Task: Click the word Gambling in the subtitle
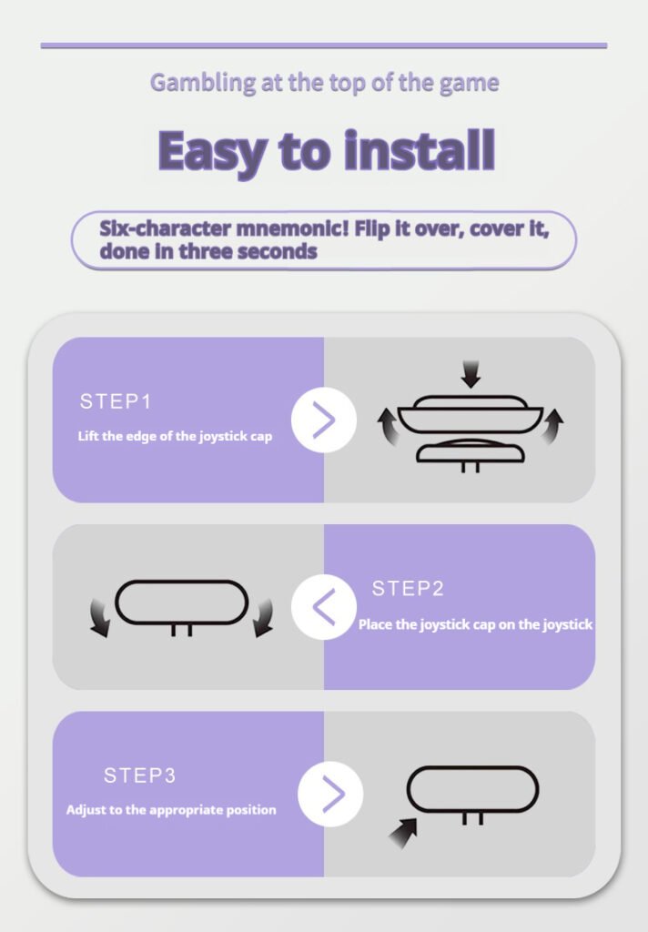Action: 203,83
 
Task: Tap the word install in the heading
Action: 420,149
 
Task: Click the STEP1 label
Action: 116,401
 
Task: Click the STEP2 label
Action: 408,589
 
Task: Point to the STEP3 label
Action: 140,775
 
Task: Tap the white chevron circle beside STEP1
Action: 324,420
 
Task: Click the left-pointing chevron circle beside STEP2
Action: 324,607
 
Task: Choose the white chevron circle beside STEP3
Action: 330,794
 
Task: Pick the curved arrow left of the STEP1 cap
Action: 389,426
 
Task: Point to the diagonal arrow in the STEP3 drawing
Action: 404,834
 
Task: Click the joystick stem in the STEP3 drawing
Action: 472,818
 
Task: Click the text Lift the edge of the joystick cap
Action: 175,436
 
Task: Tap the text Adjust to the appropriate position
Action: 171,810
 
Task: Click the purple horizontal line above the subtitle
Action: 324,46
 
